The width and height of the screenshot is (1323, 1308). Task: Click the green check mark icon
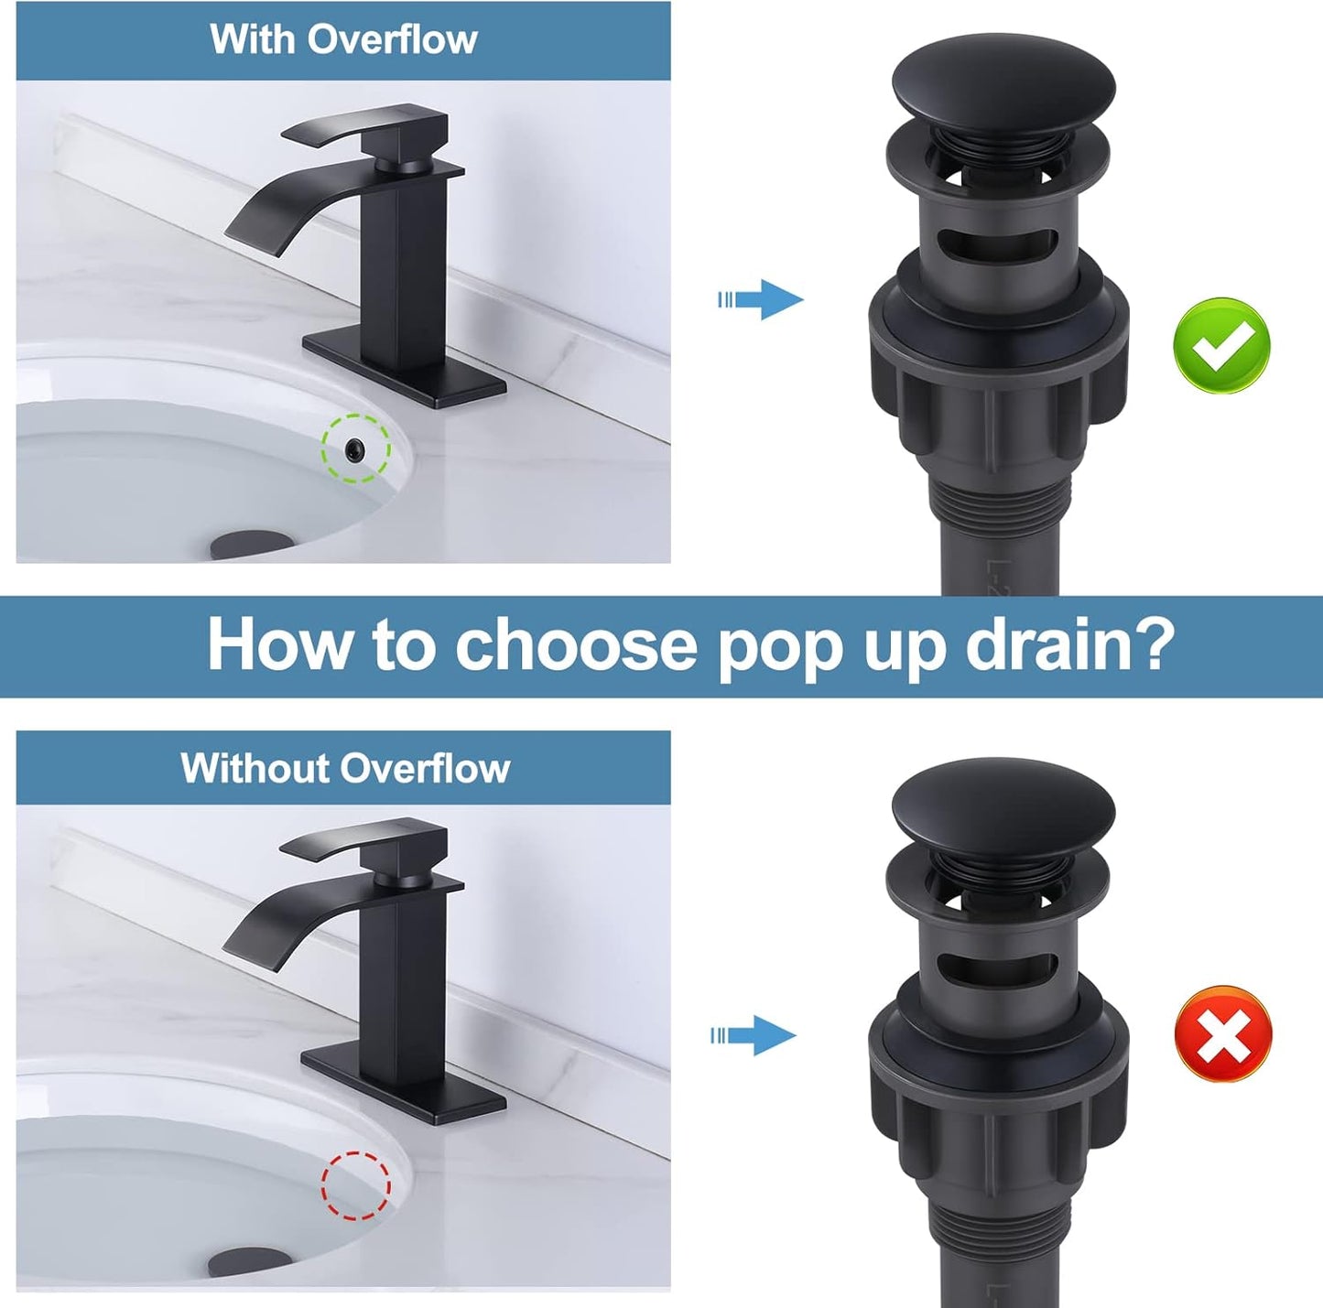1221,346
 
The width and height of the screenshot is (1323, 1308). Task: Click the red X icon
1222,1034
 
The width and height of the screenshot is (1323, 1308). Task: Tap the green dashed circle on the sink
355,448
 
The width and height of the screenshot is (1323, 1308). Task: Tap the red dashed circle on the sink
355,1185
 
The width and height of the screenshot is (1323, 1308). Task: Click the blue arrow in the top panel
762,299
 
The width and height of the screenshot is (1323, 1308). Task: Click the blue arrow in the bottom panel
756,1035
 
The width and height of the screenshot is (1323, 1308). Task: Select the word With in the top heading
253,39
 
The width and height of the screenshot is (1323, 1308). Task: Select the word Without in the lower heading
253,768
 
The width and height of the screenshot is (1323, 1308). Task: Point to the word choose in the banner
576,645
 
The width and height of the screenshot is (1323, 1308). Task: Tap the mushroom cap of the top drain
1003,78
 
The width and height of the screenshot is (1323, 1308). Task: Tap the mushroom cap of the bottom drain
1003,805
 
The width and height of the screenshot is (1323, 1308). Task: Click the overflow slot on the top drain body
1003,244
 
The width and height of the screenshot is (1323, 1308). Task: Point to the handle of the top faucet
366,128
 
